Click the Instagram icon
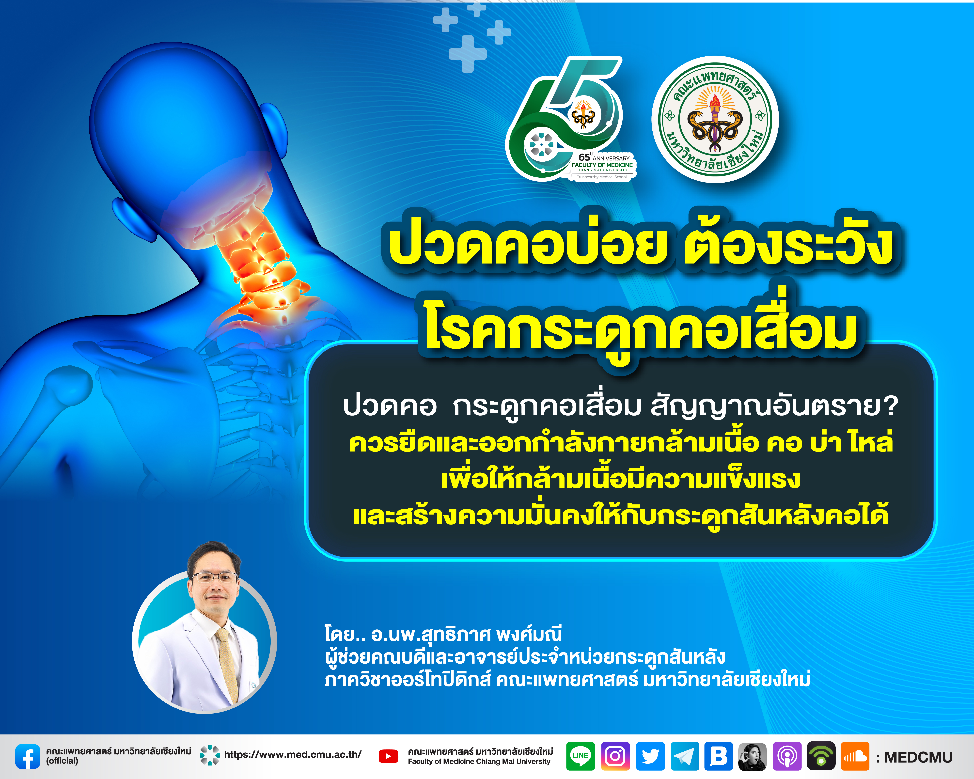pyautogui.click(x=615, y=756)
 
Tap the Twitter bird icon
pyautogui.click(x=651, y=756)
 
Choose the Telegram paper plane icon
pyautogui.click(x=685, y=756)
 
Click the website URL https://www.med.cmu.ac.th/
pyautogui.click(x=293, y=755)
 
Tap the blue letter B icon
pyautogui.click(x=719, y=756)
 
